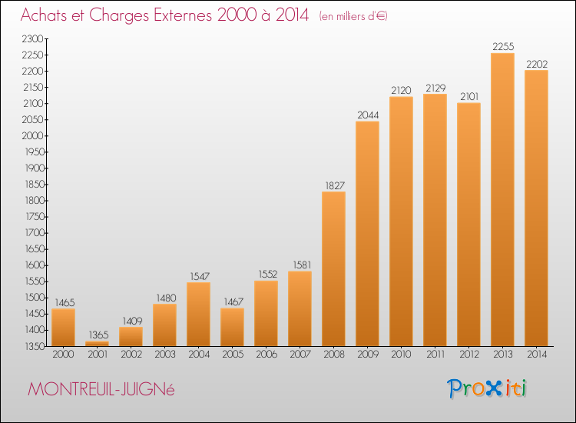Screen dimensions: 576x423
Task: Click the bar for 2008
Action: click(x=333, y=269)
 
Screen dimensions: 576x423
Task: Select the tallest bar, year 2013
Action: click(x=502, y=200)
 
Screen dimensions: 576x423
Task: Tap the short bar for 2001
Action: click(x=97, y=344)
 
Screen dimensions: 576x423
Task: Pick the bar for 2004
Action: click(x=198, y=314)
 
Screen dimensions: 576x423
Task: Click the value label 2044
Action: click(x=368, y=115)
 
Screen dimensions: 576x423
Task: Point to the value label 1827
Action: click(x=335, y=186)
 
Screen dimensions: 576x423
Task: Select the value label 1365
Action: click(x=98, y=335)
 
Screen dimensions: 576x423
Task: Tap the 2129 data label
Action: click(x=435, y=88)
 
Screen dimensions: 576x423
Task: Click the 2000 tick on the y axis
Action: click(x=33, y=135)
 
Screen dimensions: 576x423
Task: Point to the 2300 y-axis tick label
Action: click(x=33, y=38)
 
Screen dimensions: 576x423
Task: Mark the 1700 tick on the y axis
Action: click(x=35, y=233)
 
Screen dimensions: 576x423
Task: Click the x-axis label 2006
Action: click(x=266, y=355)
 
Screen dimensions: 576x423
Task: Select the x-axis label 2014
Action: click(x=537, y=355)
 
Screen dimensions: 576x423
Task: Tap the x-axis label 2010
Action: click(x=401, y=355)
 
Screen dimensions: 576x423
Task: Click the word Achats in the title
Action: click(x=44, y=15)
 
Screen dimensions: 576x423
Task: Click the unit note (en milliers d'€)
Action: click(x=353, y=16)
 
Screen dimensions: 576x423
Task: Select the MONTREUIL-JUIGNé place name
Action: click(x=101, y=389)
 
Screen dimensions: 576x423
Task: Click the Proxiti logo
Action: click(x=487, y=388)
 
